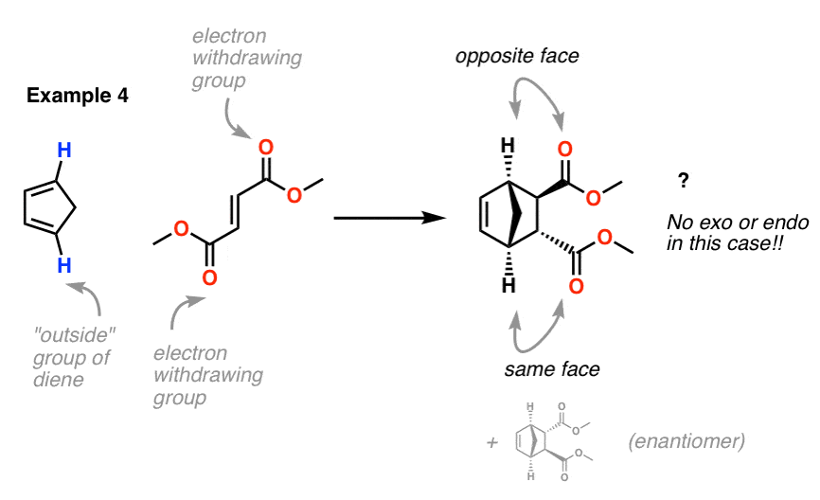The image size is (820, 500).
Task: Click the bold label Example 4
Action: [78, 96]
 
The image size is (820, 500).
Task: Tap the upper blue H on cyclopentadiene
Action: [64, 151]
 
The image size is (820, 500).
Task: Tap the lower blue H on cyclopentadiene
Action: [64, 265]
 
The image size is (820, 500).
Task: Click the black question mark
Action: [683, 181]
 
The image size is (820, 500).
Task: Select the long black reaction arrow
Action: [389, 218]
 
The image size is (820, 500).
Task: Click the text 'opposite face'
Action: [517, 56]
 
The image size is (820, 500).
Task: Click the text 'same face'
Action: [552, 369]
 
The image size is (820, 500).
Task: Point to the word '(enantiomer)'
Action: [686, 441]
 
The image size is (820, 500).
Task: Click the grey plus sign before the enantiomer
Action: [492, 443]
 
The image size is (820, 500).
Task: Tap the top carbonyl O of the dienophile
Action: [266, 148]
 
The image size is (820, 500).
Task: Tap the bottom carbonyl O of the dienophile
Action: [209, 277]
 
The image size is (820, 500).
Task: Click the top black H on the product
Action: [508, 146]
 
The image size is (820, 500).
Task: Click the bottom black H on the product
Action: [508, 285]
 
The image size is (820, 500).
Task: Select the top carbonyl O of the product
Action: [564, 150]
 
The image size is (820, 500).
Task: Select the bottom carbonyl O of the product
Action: [577, 286]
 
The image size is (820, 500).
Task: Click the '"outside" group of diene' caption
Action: [74, 357]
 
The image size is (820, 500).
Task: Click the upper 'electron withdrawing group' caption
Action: [247, 58]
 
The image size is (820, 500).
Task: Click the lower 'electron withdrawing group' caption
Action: [208, 375]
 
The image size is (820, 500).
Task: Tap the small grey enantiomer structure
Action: [553, 442]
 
